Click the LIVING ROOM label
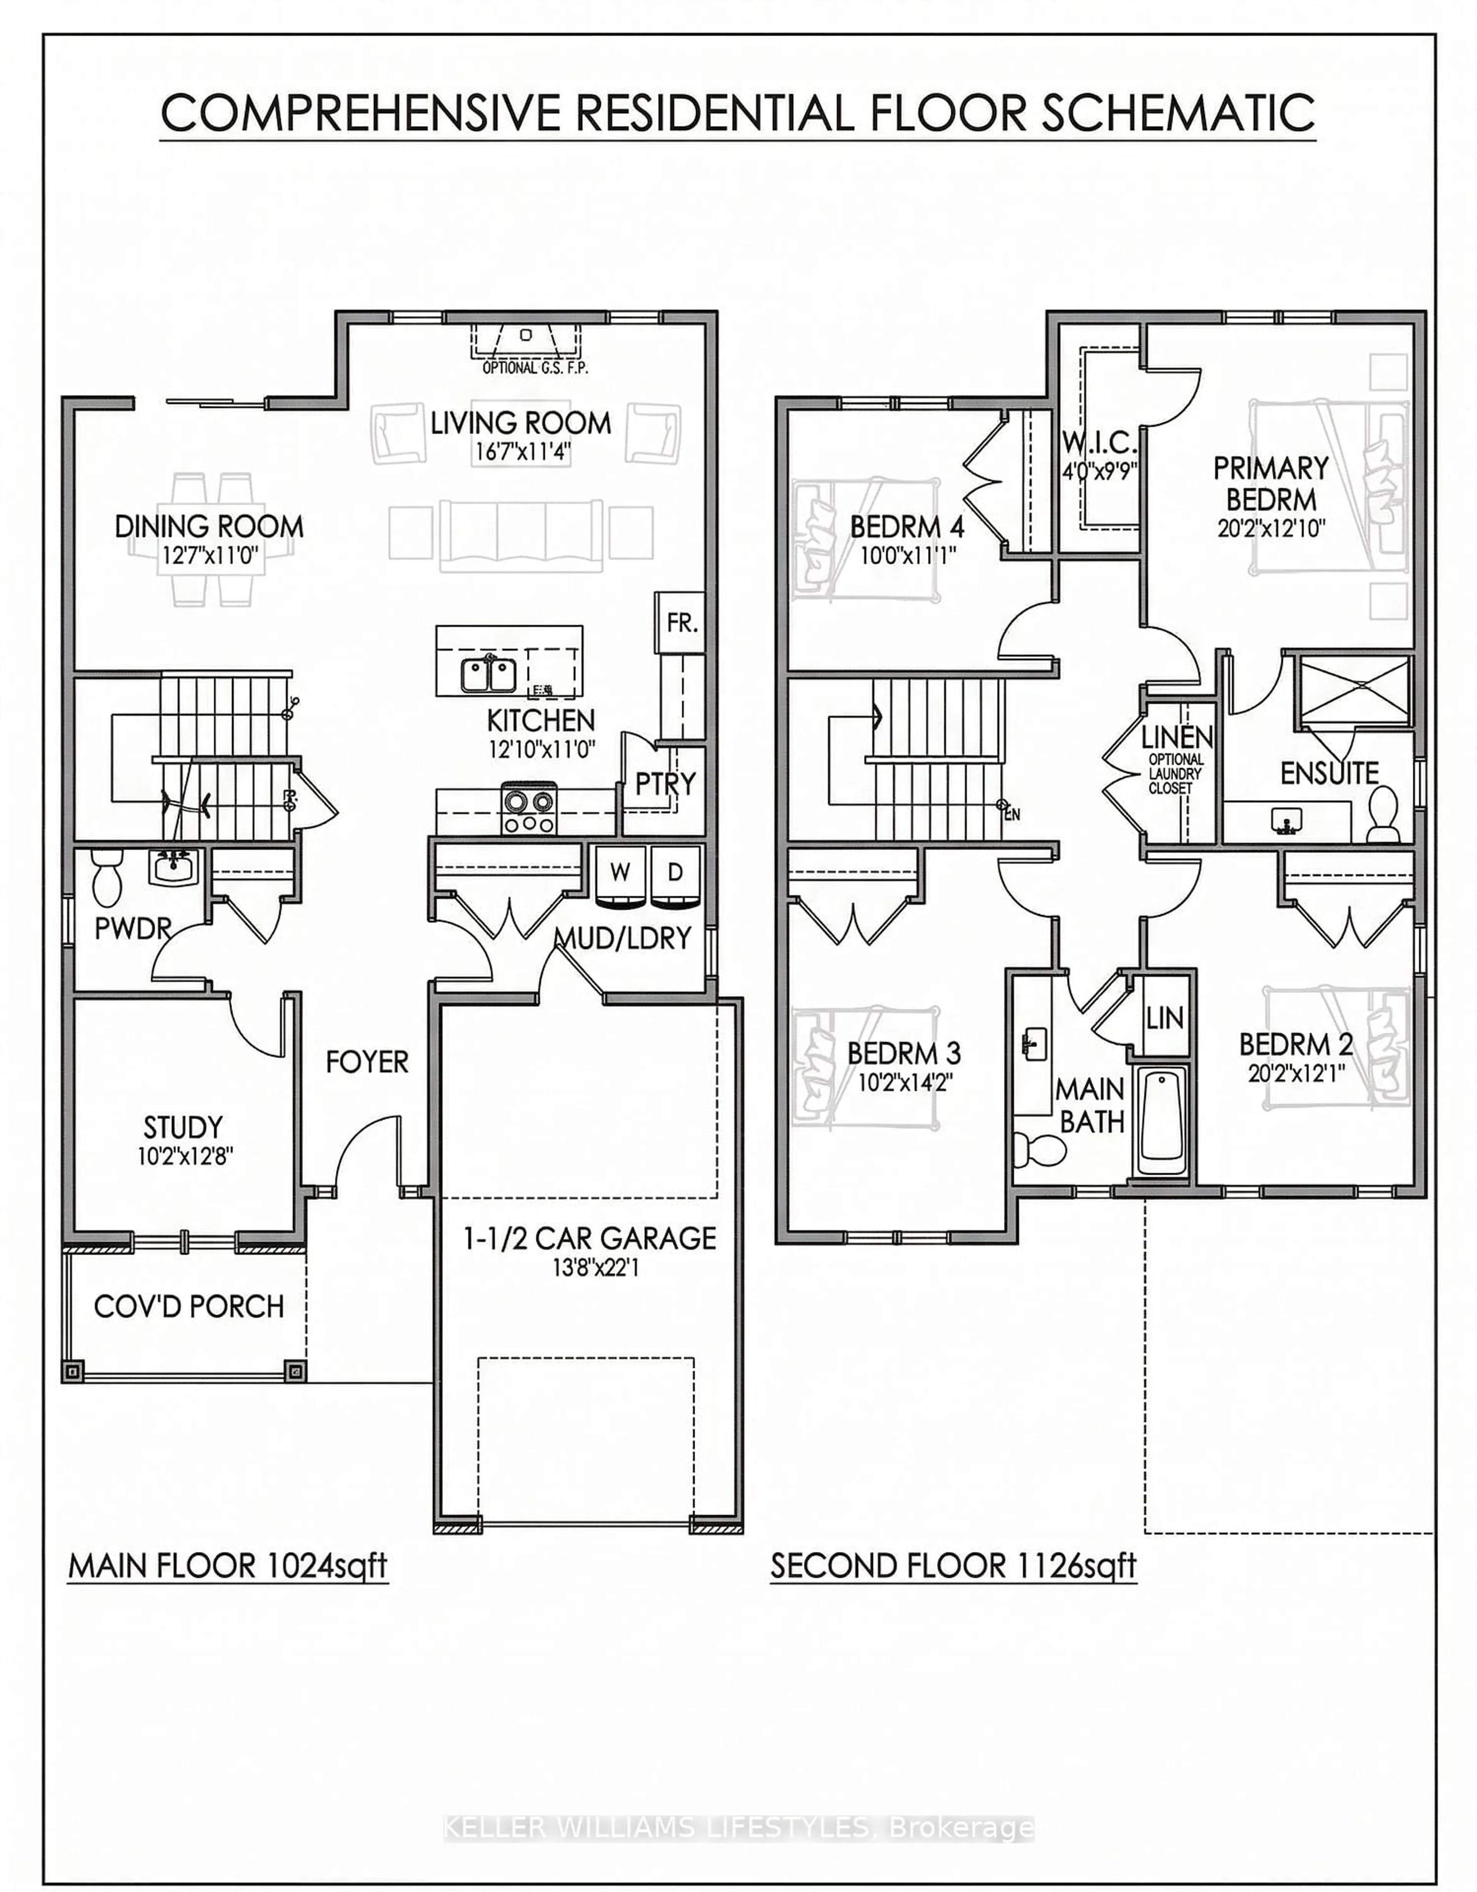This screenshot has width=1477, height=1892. pos(521,424)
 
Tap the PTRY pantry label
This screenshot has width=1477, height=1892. pos(664,784)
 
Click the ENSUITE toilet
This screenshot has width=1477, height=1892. pos(1383,814)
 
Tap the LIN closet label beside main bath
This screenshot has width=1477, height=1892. pos(1164,1018)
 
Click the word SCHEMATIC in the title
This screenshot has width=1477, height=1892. pos(1178,113)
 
